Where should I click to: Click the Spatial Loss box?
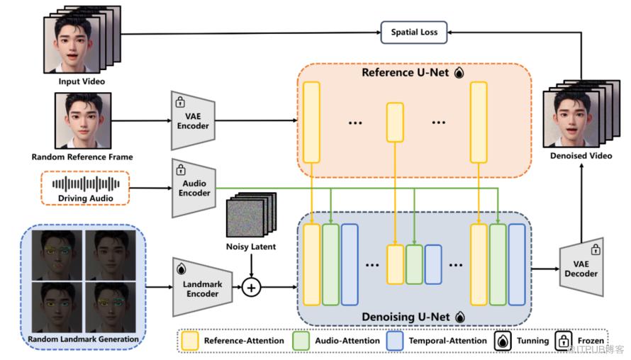415,32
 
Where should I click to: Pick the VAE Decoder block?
581,269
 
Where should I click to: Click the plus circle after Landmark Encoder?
251,288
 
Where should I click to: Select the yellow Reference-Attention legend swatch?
189,341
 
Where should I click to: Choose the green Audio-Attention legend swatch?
302,341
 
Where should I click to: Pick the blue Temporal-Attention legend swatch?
396,341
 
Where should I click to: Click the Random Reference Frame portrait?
83,120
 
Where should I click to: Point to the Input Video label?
82,81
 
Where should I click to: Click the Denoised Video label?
581,154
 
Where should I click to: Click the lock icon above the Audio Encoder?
181,170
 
